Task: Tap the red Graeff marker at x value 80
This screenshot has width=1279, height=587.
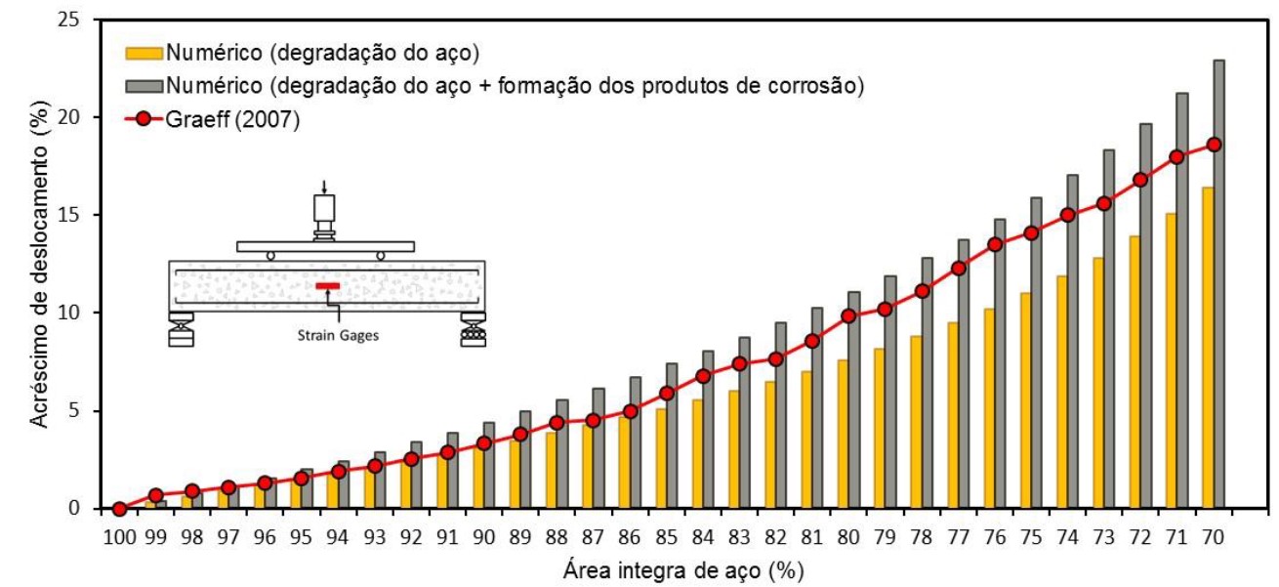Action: click(848, 315)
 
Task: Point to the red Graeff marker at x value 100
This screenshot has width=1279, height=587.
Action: click(119, 509)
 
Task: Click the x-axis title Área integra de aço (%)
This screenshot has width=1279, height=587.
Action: click(669, 567)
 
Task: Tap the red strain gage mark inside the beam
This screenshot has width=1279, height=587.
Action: click(326, 285)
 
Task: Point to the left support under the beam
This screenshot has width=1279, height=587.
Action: click(181, 328)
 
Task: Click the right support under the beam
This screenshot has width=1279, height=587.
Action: click(474, 328)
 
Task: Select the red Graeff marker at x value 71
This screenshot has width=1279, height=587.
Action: click(1177, 156)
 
